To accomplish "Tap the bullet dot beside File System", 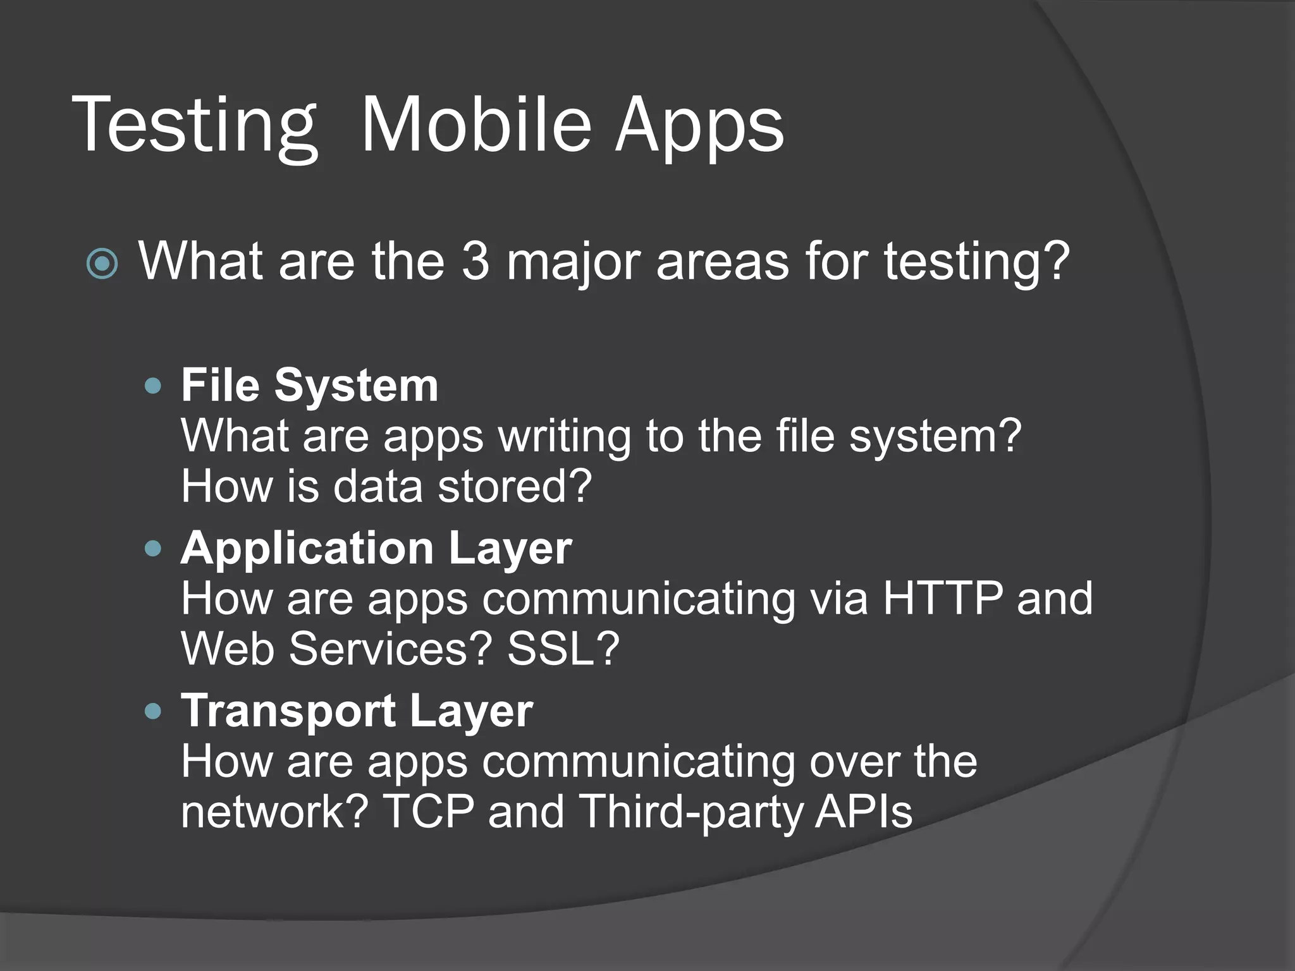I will (x=153, y=386).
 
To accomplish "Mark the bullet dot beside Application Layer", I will (x=153, y=548).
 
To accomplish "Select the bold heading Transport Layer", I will (x=357, y=711).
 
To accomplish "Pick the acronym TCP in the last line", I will (x=428, y=812).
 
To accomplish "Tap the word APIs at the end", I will (x=864, y=812).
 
